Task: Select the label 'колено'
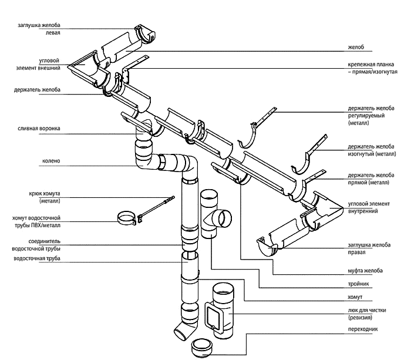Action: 52,160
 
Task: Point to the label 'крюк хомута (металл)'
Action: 45,197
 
